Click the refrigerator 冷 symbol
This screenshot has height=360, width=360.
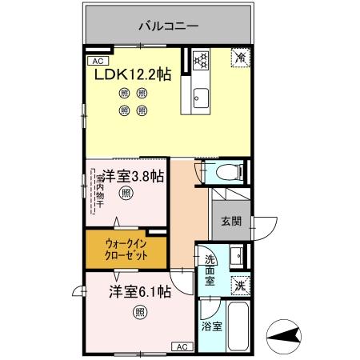click(239, 57)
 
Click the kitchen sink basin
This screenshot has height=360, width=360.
click(200, 99)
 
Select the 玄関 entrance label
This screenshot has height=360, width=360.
click(231, 222)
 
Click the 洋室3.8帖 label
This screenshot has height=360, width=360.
click(133, 176)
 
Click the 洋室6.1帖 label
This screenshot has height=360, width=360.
click(140, 292)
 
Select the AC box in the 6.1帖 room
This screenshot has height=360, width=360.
click(181, 347)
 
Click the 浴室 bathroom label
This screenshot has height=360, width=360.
click(211, 326)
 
